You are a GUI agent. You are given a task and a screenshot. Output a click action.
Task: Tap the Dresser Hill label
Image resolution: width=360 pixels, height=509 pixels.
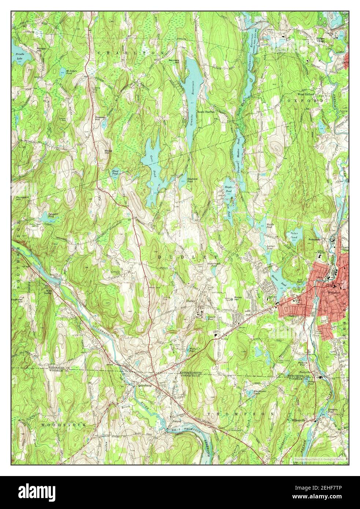[100, 118]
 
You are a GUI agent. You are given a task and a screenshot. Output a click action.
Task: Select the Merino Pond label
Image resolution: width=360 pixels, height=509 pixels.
[275, 277]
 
